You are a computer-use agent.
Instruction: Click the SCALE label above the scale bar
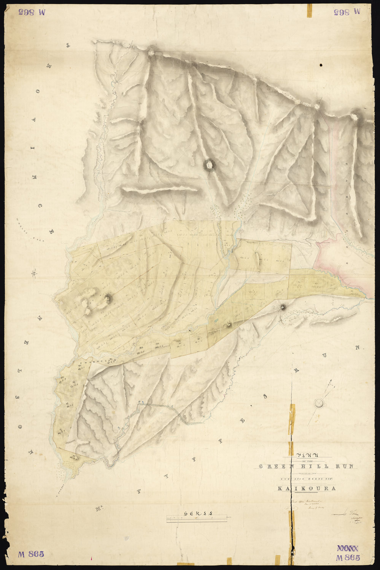coord(197,513)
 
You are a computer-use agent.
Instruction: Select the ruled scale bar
coord(197,519)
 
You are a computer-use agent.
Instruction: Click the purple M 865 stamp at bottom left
coord(31,554)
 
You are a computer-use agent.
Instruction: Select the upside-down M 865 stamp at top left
coord(31,12)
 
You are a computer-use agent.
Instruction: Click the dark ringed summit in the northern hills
coord(209,164)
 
